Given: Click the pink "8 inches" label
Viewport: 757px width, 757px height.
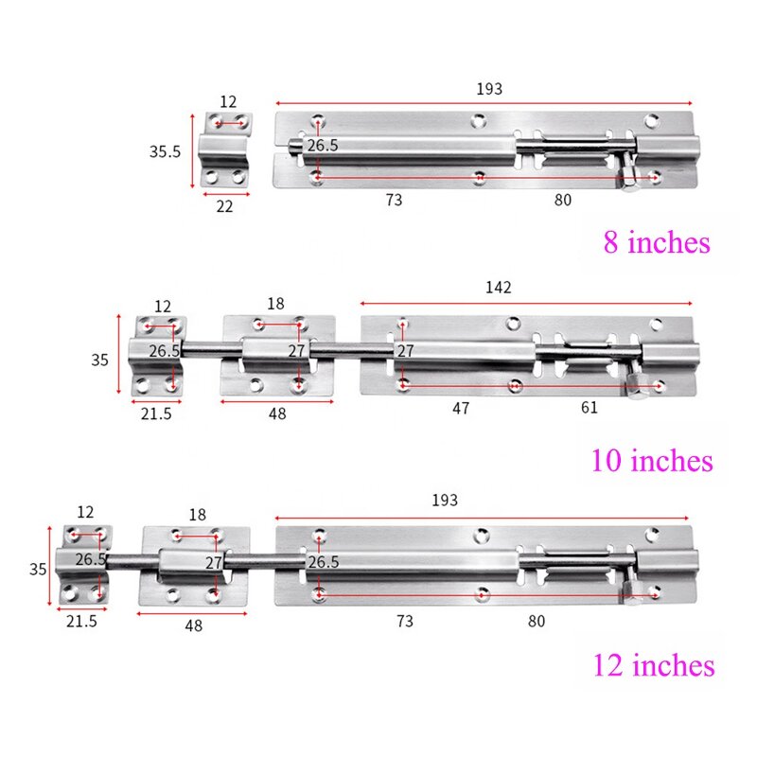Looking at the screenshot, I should [x=656, y=242].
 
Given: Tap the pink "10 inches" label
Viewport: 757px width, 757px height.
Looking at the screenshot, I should [x=651, y=461].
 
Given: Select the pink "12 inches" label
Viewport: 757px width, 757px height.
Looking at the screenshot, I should [x=653, y=665].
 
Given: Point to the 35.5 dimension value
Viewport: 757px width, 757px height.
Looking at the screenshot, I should [x=164, y=151].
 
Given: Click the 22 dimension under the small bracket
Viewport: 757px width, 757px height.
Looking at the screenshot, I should [x=224, y=206].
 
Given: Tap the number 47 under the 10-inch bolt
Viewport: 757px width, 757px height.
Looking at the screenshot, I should [x=461, y=408].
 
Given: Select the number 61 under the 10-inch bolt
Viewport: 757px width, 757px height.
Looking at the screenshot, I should [x=590, y=408].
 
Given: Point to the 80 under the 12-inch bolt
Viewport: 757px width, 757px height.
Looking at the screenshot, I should [x=536, y=621].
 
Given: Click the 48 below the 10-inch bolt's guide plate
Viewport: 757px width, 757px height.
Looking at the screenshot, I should [x=276, y=414].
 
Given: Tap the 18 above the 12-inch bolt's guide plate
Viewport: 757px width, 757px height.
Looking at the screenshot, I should [x=196, y=515].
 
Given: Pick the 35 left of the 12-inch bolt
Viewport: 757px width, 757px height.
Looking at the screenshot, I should [x=37, y=569].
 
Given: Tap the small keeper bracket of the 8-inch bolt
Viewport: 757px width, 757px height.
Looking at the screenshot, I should [x=226, y=149].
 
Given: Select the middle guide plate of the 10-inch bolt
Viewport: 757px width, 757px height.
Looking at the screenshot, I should [x=277, y=356].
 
